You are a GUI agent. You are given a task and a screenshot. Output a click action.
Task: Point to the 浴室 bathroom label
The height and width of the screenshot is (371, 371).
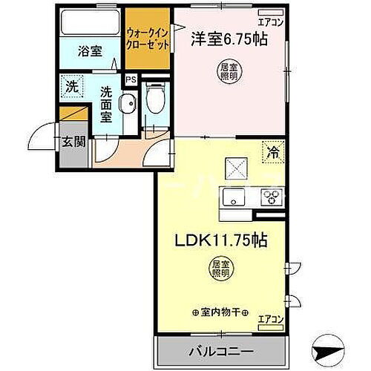pos(91,52)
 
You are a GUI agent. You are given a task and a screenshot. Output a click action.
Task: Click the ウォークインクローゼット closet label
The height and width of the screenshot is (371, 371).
pos(148,39)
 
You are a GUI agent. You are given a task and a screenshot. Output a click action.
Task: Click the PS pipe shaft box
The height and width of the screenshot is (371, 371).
pos(131,79)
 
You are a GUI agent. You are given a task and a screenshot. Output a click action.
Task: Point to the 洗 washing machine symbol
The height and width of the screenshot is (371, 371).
pos(70,85)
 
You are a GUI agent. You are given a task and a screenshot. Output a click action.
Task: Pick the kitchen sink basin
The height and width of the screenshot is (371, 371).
pos(232,197)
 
